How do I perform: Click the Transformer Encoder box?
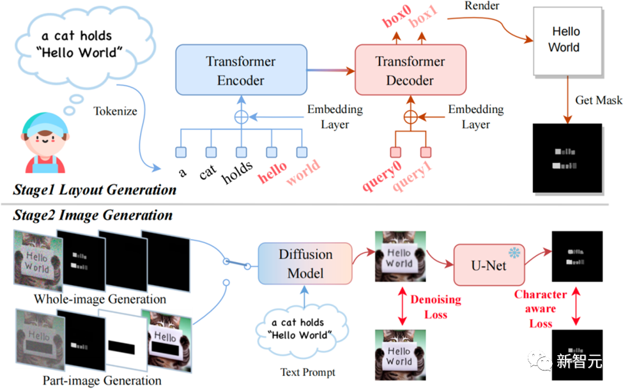[240, 71]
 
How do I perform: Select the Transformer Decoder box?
[410, 71]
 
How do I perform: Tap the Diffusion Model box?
[305, 264]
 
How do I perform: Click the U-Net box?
[489, 264]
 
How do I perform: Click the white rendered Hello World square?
[565, 39]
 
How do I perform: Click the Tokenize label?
[115, 111]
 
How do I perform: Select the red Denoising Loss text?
[435, 307]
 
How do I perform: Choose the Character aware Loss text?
[541, 309]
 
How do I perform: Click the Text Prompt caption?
[307, 372]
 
